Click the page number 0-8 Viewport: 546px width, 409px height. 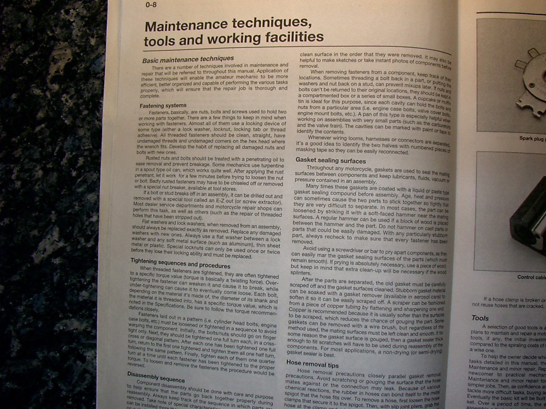[151, 5]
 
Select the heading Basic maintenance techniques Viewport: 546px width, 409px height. [188, 60]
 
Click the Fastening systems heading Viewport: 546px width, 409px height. [163, 106]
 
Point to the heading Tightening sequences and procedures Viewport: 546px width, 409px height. [181, 263]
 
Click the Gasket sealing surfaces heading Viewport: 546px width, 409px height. [330, 161]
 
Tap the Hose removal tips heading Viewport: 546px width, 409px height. [312, 364]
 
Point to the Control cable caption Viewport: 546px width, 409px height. [531, 277]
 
